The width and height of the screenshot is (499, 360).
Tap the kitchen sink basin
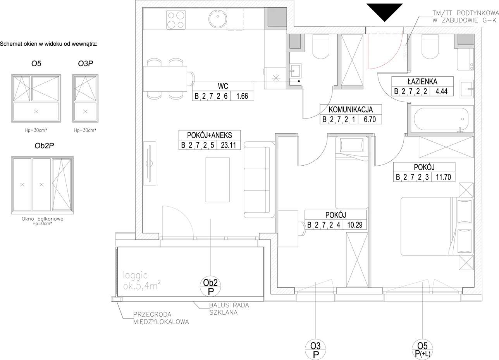tap(218, 19)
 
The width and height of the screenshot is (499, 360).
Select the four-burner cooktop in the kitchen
tap(176, 20)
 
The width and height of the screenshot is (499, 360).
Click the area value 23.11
tap(228, 145)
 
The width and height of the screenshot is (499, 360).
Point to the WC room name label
tap(223, 86)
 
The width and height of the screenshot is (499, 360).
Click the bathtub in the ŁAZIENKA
tap(441, 119)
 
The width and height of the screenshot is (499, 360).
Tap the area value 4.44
tap(441, 91)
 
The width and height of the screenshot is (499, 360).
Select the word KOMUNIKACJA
tap(351, 110)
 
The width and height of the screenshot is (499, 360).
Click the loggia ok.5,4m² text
tap(142, 281)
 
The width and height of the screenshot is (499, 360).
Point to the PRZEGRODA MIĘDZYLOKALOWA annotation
tap(161, 318)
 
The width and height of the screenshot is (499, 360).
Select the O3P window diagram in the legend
tap(85, 98)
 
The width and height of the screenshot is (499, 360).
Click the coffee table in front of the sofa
tap(217, 180)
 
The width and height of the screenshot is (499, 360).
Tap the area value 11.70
tap(443, 177)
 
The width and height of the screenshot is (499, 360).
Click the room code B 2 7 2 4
tap(323, 225)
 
